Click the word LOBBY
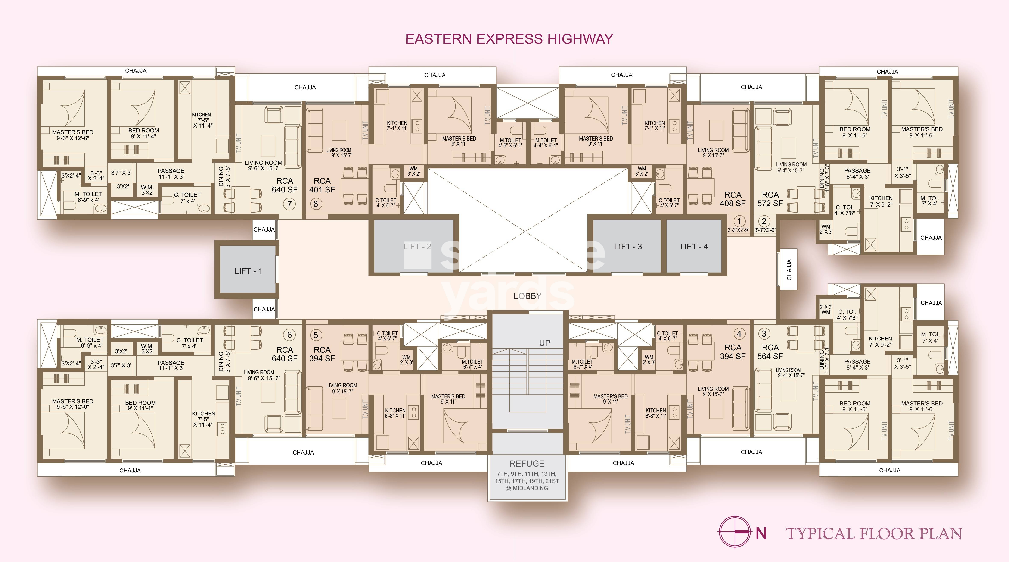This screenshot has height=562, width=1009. (527, 296)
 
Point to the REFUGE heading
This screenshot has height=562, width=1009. (527, 463)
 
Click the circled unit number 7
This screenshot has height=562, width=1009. (289, 204)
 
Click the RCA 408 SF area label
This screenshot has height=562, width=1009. (732, 199)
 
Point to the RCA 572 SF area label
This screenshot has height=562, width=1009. (770, 199)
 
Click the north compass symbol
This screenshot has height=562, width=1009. (735, 531)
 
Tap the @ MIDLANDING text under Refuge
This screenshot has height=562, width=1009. (527, 488)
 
